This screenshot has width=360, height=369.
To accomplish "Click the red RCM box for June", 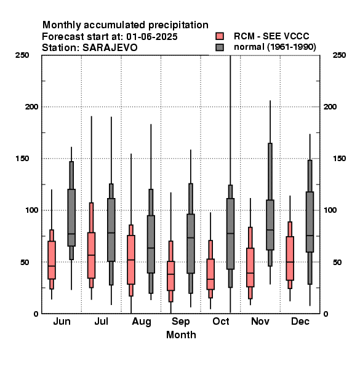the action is click(x=52, y=260).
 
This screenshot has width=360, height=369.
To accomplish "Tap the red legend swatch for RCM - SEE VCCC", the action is click(x=220, y=36).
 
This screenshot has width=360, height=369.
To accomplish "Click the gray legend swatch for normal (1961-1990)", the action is click(x=220, y=47).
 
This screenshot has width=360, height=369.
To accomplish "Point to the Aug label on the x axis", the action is click(x=142, y=322).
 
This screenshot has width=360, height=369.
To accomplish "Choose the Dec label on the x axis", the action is click(x=300, y=321).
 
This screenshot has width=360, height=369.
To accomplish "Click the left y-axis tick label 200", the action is click(x=31, y=106).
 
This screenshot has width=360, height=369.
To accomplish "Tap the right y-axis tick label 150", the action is click(x=339, y=159).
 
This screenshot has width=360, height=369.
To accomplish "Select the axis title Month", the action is click(x=181, y=335).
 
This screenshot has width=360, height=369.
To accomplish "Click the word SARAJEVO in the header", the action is click(x=110, y=48).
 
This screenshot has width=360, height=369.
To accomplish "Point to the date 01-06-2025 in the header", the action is click(x=152, y=37).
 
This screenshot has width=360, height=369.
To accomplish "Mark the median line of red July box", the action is click(x=91, y=255).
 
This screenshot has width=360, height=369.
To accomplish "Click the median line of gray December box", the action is click(x=310, y=236).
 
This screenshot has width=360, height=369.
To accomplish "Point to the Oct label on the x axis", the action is click(x=220, y=321).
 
